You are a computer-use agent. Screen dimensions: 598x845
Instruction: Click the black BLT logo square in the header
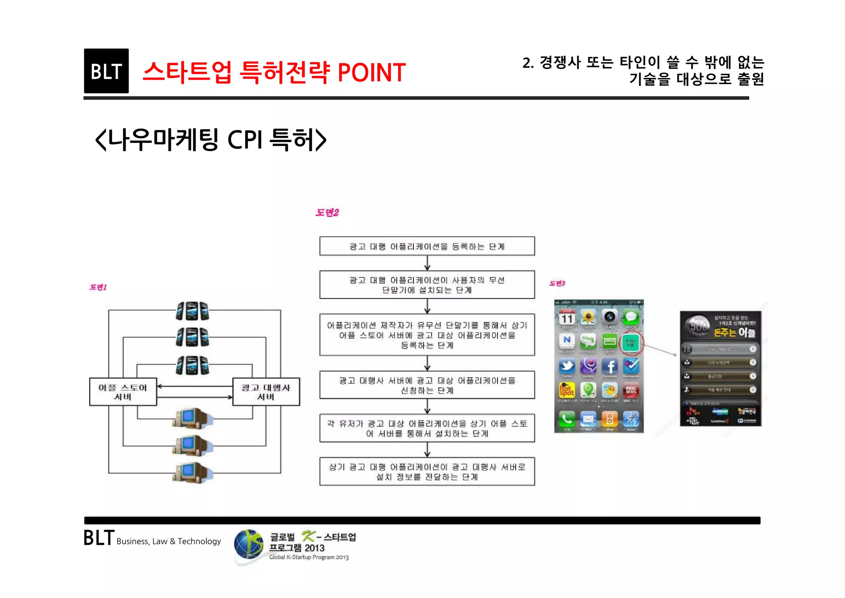point(106,71)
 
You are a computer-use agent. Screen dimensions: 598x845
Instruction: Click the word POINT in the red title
point(371,73)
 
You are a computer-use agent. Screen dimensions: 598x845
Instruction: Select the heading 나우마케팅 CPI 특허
point(211,140)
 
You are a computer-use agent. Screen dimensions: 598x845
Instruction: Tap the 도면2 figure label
point(327,213)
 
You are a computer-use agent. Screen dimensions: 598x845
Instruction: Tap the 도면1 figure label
point(98,287)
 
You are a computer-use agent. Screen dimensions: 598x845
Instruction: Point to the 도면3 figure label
point(557,283)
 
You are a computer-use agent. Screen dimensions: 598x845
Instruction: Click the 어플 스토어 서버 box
point(123,392)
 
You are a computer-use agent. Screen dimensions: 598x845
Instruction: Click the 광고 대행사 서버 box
point(266,392)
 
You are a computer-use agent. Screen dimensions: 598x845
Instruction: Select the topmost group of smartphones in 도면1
point(192,311)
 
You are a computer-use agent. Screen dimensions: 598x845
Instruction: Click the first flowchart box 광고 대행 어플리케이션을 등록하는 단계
point(427,246)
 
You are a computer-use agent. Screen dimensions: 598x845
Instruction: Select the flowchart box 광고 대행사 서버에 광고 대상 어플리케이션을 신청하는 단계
point(427,385)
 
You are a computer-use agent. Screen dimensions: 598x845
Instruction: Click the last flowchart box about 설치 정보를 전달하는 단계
point(427,472)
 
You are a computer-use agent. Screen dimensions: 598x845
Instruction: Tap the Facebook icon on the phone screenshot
point(610,366)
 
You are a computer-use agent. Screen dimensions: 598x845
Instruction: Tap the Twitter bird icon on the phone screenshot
point(567,366)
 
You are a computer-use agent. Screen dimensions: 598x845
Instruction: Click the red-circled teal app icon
point(631,343)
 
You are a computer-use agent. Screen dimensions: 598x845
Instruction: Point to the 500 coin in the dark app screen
point(698,326)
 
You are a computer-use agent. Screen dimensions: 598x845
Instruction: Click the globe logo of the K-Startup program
point(249,544)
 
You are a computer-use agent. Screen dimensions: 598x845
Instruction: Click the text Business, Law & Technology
point(168,541)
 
